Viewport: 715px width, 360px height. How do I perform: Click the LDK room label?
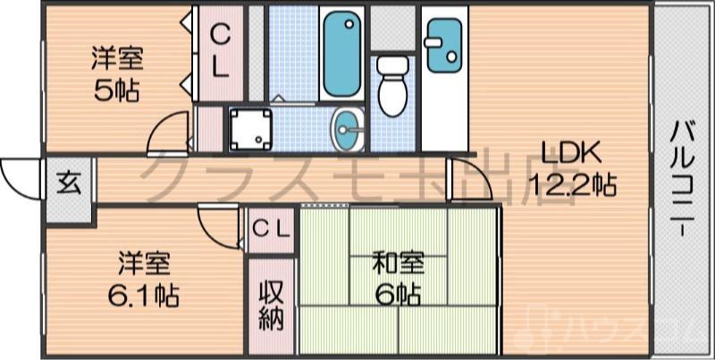click(x=560, y=154)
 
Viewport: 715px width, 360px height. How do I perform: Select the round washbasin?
click(x=348, y=132)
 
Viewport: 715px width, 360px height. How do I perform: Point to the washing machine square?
click(x=248, y=130)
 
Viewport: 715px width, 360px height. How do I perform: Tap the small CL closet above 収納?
click(x=272, y=229)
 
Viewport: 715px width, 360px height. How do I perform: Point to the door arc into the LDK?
click(x=471, y=179)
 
